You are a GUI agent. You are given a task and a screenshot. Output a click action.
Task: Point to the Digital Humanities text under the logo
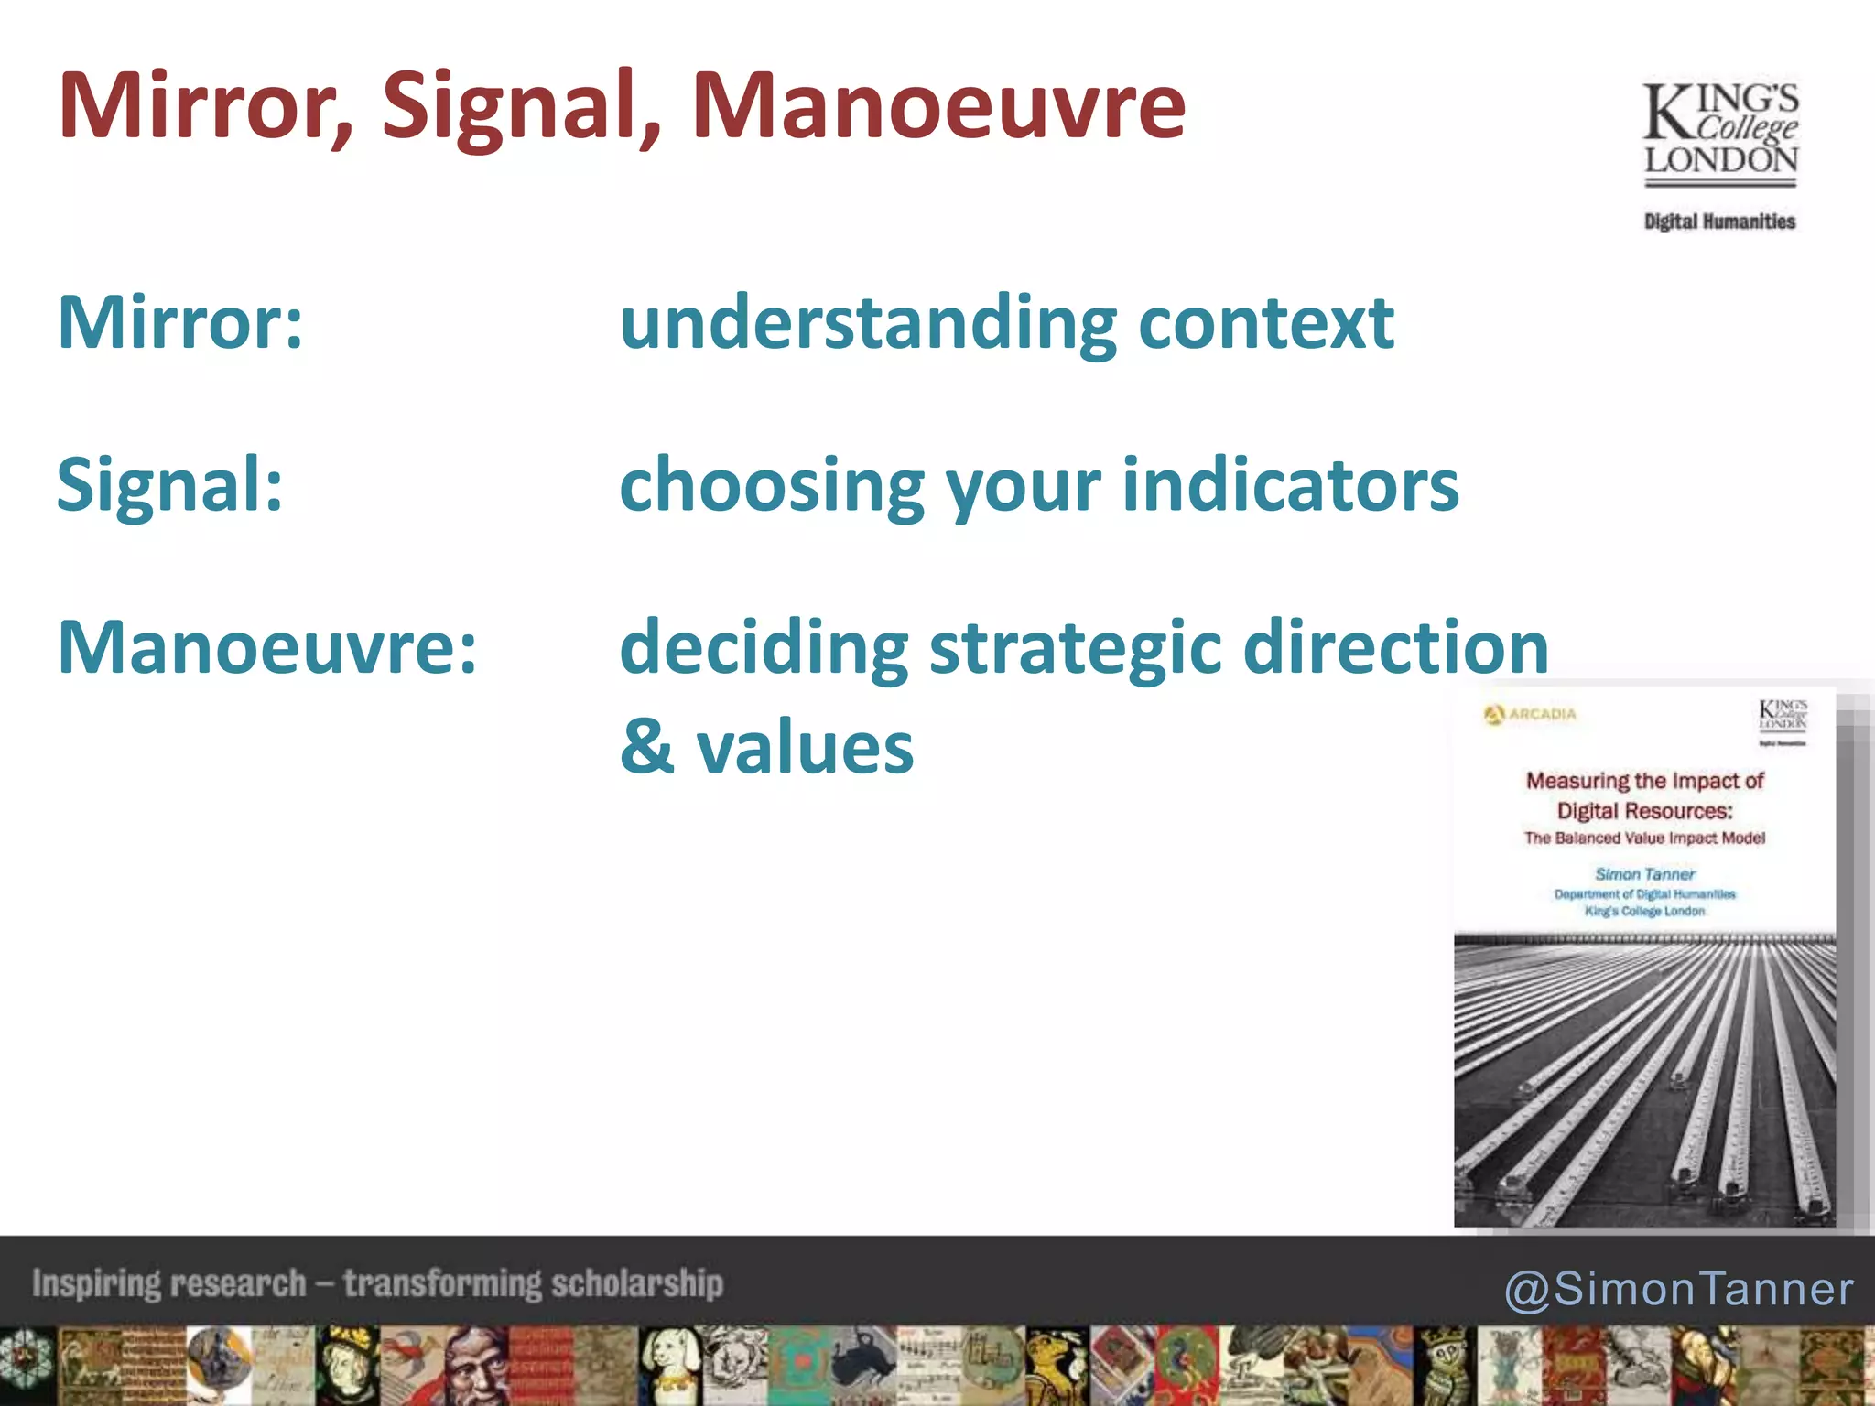tap(1719, 222)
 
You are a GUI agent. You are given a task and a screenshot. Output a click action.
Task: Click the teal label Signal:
tap(170, 484)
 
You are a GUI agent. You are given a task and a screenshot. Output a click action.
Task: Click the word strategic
tap(1076, 647)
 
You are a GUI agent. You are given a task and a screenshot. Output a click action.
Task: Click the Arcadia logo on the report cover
tap(1530, 714)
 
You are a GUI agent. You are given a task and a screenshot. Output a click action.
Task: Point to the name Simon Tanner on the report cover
tap(1644, 874)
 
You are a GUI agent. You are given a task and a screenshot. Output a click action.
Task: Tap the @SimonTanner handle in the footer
tap(1679, 1289)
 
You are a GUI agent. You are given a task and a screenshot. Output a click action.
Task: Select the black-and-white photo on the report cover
tap(1644, 1080)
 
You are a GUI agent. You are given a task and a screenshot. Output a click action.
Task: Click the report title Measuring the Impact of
tap(1644, 781)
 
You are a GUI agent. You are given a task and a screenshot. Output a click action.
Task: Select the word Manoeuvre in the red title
tap(938, 107)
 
